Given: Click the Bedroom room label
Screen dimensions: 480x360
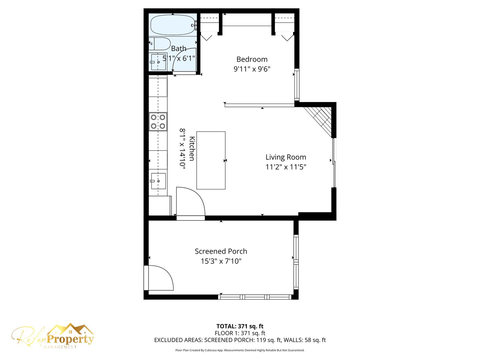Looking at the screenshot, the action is tap(252, 59).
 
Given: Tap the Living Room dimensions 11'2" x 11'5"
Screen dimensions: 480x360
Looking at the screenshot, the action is tap(286, 167).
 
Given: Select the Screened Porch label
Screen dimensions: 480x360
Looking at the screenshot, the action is tap(221, 251).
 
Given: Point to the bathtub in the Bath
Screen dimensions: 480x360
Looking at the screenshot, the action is tap(173, 25).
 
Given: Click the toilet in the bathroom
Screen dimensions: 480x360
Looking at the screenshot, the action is tap(159, 44).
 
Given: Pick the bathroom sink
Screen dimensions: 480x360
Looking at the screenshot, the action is tap(158, 62).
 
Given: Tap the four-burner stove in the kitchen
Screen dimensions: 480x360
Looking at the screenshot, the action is tap(158, 122).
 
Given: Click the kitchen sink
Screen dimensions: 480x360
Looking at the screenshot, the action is tap(158, 181).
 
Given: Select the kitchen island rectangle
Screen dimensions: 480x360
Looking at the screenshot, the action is tap(211, 160).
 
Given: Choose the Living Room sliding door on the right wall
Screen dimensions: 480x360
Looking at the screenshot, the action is tap(334, 163).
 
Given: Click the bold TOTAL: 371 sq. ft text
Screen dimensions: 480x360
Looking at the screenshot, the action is tap(240, 326).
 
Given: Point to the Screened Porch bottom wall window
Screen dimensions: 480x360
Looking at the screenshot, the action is tap(255, 297).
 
